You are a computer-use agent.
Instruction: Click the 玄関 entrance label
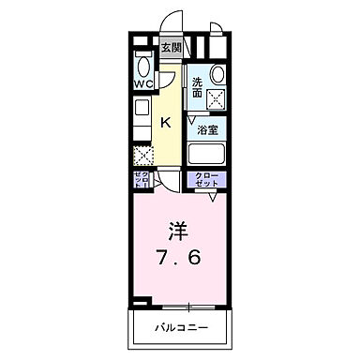pos(171,48)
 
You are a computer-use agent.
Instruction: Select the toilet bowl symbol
pos(142,63)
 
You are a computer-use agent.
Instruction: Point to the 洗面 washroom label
pos(198,86)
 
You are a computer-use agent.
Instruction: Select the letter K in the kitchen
pos(164,122)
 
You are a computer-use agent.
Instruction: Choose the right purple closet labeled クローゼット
pos(207,180)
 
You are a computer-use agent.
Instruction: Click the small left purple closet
pos(141,180)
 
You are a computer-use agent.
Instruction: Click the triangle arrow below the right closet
pos(212,198)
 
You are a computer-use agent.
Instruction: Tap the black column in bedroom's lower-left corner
pos(140,302)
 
